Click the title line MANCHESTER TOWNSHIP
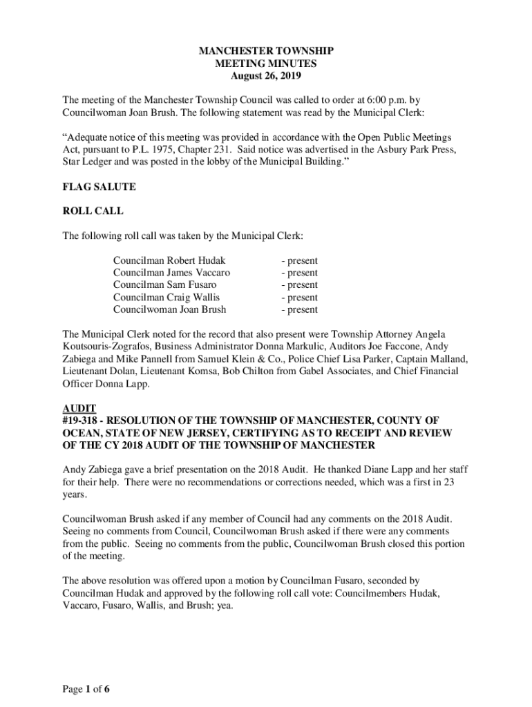tap(266, 51)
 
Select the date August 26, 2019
tap(266, 76)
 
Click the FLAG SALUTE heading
tap(99, 187)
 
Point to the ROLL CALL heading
tap(93, 211)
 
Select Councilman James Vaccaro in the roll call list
tap(172, 273)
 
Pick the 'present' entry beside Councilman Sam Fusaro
tap(299, 284)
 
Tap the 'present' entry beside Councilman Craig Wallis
tap(299, 298)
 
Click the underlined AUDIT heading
tap(79, 408)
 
